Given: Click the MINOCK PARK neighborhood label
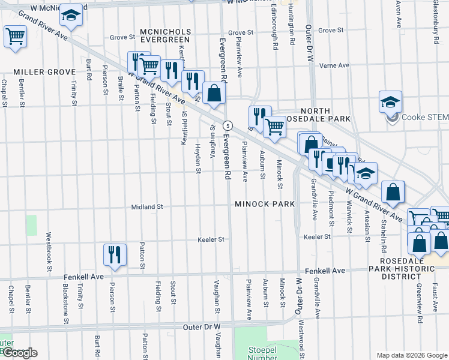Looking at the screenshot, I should [265, 204].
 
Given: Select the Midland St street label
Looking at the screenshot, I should [148, 207].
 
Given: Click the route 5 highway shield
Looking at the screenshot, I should [228, 125].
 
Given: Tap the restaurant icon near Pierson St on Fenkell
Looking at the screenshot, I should [114, 255].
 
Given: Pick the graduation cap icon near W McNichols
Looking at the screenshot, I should [71, 16].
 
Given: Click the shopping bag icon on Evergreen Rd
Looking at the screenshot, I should [214, 94].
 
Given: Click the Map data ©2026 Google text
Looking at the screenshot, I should [411, 355].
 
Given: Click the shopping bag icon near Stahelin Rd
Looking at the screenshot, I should [393, 192].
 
